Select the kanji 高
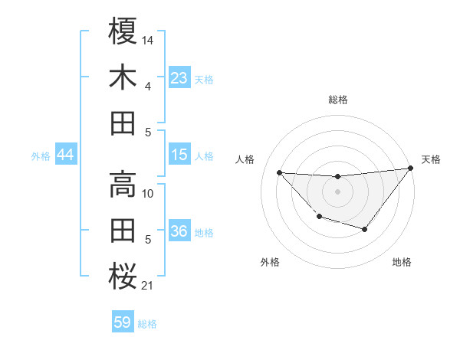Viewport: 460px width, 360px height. pos(123,182)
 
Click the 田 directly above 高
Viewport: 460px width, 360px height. pos(123,123)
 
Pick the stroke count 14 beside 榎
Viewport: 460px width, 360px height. pos(148,38)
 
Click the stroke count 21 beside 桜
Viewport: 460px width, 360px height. pos(148,286)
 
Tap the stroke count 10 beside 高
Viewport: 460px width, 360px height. pos(148,193)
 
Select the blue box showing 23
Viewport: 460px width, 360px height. pos(179,78)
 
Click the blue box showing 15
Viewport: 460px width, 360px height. pos(179,155)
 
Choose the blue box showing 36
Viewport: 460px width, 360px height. pos(179,232)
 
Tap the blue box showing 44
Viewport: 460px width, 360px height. pos(65,155)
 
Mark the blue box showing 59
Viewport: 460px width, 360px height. pos(123,322)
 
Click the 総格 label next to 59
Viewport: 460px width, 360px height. pos(147,324)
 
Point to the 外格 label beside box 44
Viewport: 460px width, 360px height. pos(41,156)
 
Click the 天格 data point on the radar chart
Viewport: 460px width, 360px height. pos(411,169)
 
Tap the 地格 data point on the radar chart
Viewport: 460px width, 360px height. pos(365,229)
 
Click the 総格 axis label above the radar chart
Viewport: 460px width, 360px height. pos(338,100)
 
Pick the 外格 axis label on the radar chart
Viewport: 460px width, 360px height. pos(270,263)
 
